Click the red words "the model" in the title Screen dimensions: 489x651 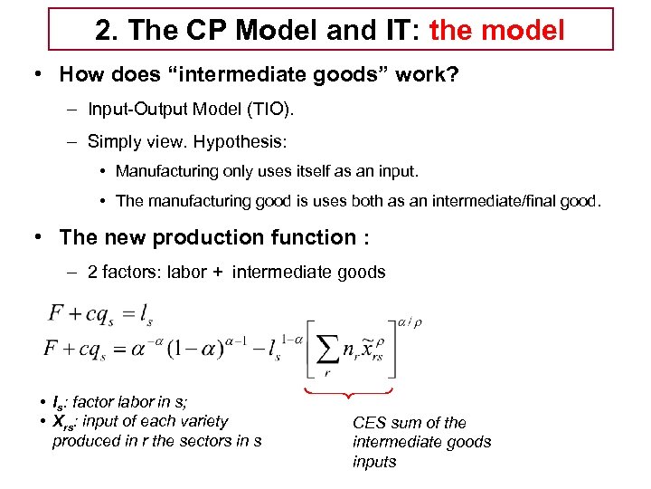(496, 30)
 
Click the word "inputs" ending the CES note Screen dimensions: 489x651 (374, 462)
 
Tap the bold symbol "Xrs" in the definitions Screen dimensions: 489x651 (64, 422)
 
